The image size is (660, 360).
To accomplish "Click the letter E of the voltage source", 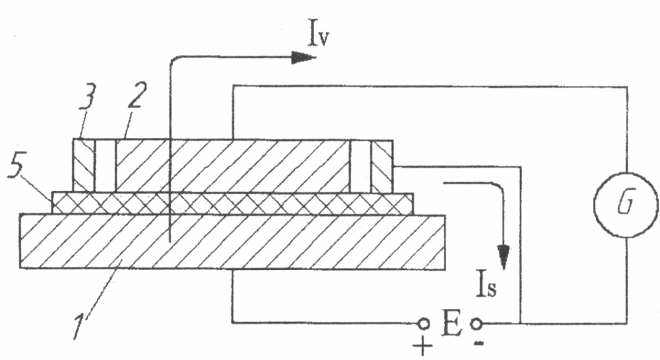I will (451, 324).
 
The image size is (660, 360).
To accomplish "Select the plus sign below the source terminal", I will (423, 346).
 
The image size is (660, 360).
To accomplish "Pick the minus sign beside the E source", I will (480, 341).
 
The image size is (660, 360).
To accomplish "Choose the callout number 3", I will (88, 102).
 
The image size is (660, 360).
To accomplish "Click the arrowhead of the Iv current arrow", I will (301, 58).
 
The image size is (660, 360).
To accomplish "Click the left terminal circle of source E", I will (424, 322).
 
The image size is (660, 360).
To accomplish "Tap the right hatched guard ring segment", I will (382, 165).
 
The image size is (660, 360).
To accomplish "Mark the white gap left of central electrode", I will (106, 165).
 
